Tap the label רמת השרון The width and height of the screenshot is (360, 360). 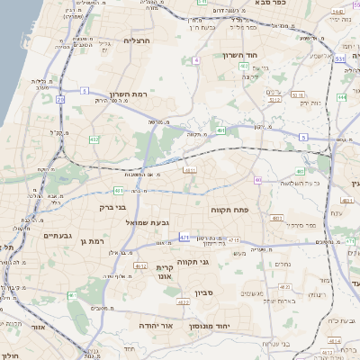(128, 94)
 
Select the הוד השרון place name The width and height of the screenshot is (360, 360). (240, 55)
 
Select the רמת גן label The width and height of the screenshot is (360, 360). (91, 240)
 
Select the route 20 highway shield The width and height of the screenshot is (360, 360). (60, 100)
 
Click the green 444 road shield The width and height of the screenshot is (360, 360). (342, 97)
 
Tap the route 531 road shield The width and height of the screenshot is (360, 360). (340, 58)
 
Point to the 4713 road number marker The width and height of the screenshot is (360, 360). (234, 240)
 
